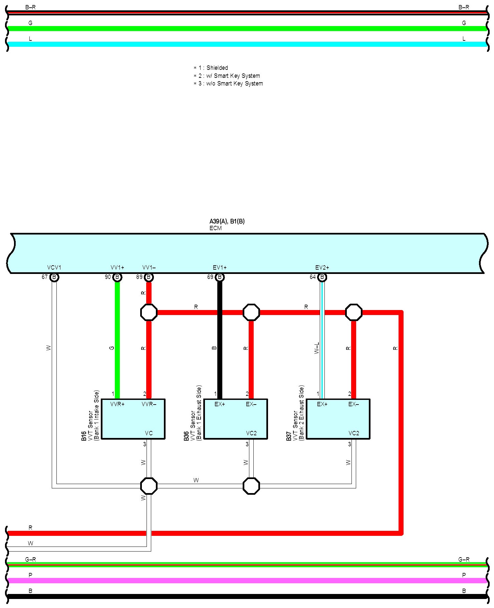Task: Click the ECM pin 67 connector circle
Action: [x=54, y=277]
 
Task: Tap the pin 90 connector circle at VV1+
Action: [x=117, y=277]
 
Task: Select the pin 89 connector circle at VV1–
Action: [x=149, y=277]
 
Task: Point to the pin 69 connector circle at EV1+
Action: [x=220, y=277]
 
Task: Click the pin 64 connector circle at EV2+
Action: [x=322, y=277]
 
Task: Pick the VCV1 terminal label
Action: [x=54, y=268]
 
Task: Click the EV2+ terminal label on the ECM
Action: [x=322, y=268]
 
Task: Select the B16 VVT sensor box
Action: [x=133, y=419]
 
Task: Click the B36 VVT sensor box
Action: [x=236, y=419]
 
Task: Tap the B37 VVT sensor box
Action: [x=338, y=419]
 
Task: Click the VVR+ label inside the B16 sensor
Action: [x=117, y=405]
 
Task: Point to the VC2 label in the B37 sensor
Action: [x=354, y=433]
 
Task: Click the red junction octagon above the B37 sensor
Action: [x=353, y=312]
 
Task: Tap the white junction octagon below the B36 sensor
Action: [x=251, y=486]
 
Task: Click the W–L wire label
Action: [x=317, y=348]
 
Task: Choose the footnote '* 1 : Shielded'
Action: [x=211, y=68]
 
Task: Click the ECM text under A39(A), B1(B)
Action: [x=216, y=228]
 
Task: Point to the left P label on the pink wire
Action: [x=30, y=575]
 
